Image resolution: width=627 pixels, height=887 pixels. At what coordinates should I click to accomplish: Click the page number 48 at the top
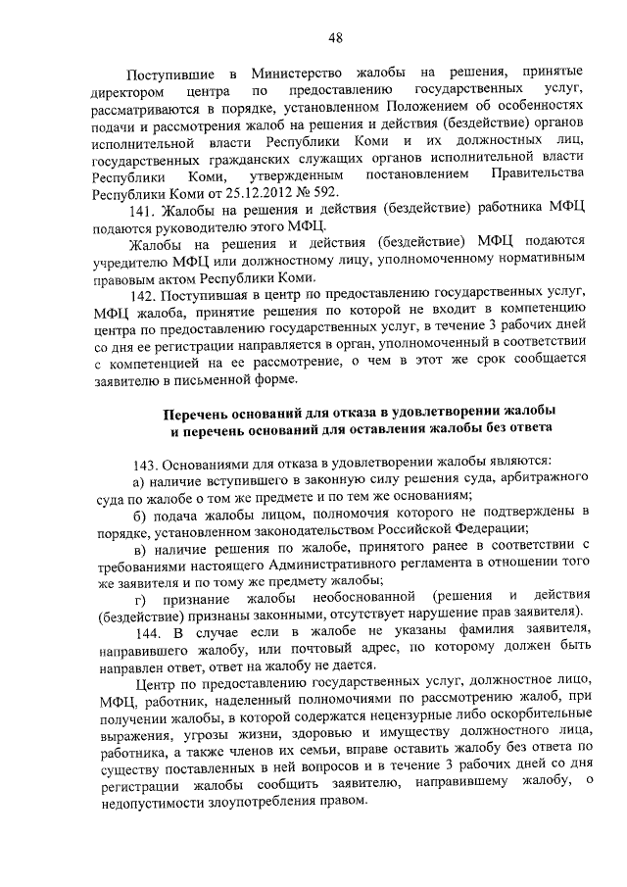335,37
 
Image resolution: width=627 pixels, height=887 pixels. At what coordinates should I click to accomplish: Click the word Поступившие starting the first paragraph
169,73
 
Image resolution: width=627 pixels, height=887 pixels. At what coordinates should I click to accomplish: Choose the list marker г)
139,598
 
